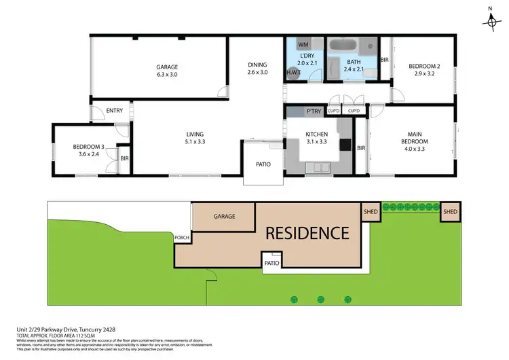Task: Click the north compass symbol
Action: click(491, 22)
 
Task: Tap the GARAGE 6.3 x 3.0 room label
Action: click(167, 71)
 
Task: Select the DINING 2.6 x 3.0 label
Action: click(257, 69)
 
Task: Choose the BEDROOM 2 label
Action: click(424, 71)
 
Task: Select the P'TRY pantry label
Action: click(313, 111)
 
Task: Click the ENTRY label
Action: click(115, 111)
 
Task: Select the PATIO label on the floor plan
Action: click(263, 163)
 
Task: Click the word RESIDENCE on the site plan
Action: click(307, 233)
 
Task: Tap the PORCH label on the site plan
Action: click(182, 238)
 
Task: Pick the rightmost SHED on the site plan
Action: click(451, 212)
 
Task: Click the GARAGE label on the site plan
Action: click(225, 217)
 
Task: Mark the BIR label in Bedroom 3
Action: click(124, 158)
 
